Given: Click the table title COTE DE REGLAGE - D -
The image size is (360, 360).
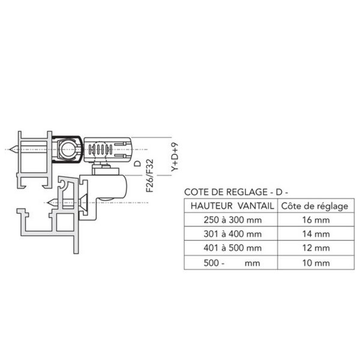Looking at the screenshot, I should coord(236,192).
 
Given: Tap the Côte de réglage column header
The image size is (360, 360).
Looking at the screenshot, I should coord(315,206).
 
